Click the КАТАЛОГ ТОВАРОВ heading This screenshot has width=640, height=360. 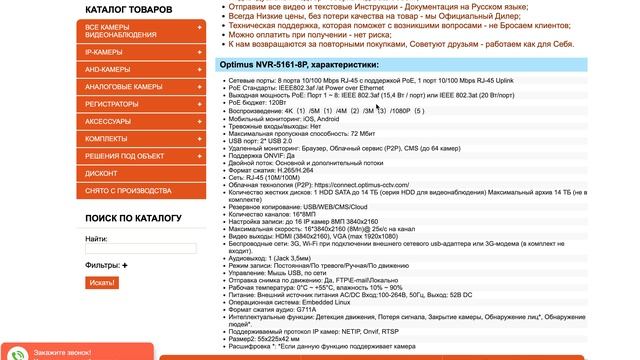coord(129,9)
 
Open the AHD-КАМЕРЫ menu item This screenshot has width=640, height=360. coord(108,68)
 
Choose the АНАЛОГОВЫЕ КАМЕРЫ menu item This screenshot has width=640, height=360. coord(124,86)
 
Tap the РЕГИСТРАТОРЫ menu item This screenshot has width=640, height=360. coord(112,103)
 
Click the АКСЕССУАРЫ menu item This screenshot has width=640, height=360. coord(109,120)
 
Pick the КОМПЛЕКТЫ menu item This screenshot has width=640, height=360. coord(106,138)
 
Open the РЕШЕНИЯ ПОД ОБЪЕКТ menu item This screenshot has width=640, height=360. coord(125,156)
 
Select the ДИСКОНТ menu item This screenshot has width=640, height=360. coord(102,173)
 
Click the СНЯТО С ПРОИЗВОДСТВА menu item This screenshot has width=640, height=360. coord(128,190)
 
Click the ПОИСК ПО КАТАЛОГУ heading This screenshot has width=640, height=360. coord(133,217)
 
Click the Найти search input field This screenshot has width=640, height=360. coord(141,248)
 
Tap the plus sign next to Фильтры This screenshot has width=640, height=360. coord(125,265)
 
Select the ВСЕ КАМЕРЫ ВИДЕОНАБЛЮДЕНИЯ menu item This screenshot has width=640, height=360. coord(120,32)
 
